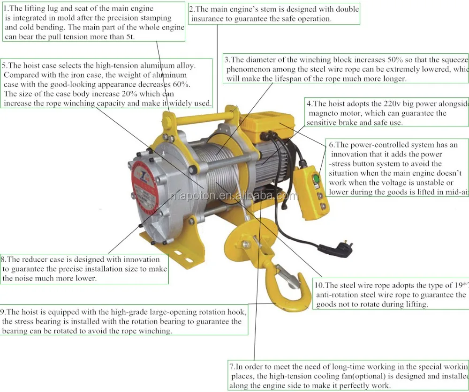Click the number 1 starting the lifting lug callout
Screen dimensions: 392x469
5,8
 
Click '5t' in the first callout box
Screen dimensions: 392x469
129,37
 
